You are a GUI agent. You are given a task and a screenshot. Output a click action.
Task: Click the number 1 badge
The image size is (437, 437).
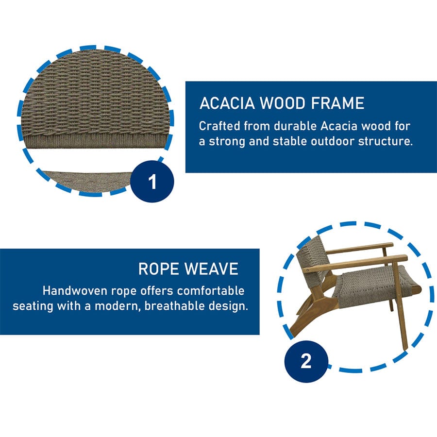[x=152, y=182]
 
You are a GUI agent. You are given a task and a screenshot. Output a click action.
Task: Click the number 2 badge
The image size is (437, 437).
[x=306, y=361]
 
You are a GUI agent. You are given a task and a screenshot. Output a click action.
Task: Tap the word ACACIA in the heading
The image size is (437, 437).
[x=227, y=103]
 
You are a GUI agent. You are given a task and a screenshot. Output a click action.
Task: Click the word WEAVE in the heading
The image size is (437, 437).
[x=211, y=269]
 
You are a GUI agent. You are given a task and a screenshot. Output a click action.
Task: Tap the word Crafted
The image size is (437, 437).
[x=219, y=126]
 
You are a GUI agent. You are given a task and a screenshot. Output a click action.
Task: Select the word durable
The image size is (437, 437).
[x=295, y=126]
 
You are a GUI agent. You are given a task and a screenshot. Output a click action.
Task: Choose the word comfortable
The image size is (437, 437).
[x=211, y=291]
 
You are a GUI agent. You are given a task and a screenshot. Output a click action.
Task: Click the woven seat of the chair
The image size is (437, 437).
[x=376, y=286]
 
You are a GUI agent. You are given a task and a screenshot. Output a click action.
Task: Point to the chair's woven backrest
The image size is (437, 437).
[x=312, y=258]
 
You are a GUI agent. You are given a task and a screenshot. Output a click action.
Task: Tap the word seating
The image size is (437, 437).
[x=33, y=306]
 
